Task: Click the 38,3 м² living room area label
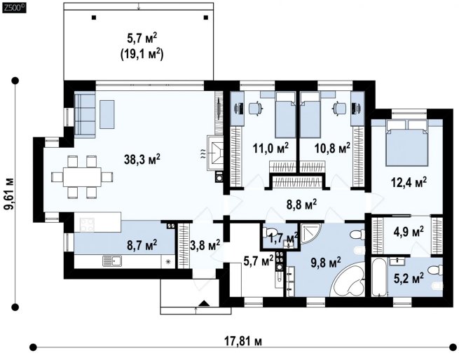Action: (x=142, y=160)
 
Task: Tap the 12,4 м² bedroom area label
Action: (x=409, y=182)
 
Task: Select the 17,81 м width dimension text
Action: (x=243, y=341)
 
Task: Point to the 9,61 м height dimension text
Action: (x=9, y=194)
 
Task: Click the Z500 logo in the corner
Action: (x=14, y=8)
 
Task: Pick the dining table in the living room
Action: (x=82, y=176)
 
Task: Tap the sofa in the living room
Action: (x=85, y=115)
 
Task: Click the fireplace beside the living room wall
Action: (x=215, y=153)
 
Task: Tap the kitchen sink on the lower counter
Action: (x=112, y=261)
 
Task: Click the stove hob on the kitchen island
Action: (x=87, y=225)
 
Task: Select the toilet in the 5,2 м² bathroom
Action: (x=436, y=270)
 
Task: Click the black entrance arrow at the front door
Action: (x=205, y=303)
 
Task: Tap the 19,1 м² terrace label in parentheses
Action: (x=142, y=55)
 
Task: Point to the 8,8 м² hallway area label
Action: (x=301, y=204)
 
